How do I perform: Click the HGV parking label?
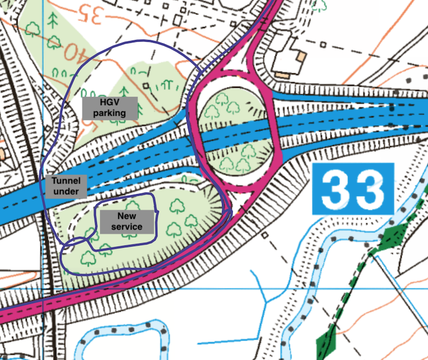click(110, 108)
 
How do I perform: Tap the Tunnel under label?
click(66, 186)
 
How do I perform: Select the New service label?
click(127, 221)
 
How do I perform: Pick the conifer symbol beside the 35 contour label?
click(52, 20)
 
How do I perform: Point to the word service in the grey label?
click(127, 227)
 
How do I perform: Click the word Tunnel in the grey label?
click(66, 181)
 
